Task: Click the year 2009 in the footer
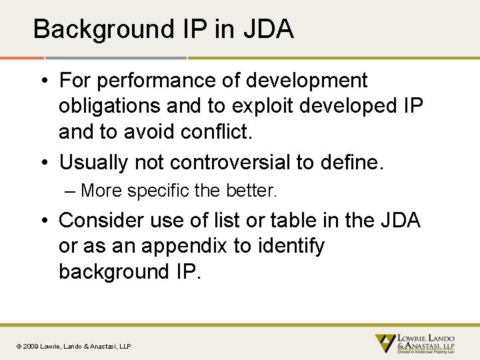tap(31, 346)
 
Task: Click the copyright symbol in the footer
tap(19, 346)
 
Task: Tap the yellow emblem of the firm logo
tap(385, 343)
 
